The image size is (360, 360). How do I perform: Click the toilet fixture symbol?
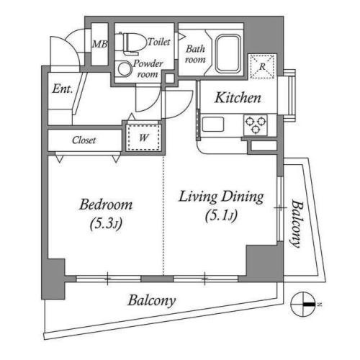(x=131, y=42)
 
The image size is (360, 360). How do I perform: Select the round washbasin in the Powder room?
(x=125, y=68)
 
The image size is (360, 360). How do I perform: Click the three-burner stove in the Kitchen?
(x=256, y=125)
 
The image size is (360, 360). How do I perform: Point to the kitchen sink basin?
(x=213, y=125)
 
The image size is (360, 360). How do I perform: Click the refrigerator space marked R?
(x=262, y=66)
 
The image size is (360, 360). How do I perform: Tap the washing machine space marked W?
(x=143, y=138)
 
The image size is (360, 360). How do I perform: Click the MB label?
(x=100, y=44)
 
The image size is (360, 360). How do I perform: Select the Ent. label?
(x=63, y=89)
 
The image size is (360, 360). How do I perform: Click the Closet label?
(x=84, y=140)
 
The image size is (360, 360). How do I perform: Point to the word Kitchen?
(x=238, y=98)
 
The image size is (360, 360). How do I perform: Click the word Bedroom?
(x=106, y=204)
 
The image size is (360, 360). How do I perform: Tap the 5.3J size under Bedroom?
(x=106, y=224)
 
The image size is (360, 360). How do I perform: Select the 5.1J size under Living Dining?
(x=221, y=215)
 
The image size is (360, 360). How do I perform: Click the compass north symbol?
(x=303, y=305)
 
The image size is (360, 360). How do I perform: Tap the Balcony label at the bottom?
(x=152, y=301)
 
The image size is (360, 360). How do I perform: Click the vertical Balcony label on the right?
(x=297, y=224)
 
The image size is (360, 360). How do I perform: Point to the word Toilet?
(x=159, y=42)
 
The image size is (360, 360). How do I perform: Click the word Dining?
(x=243, y=197)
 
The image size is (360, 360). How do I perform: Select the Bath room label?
(x=195, y=54)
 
